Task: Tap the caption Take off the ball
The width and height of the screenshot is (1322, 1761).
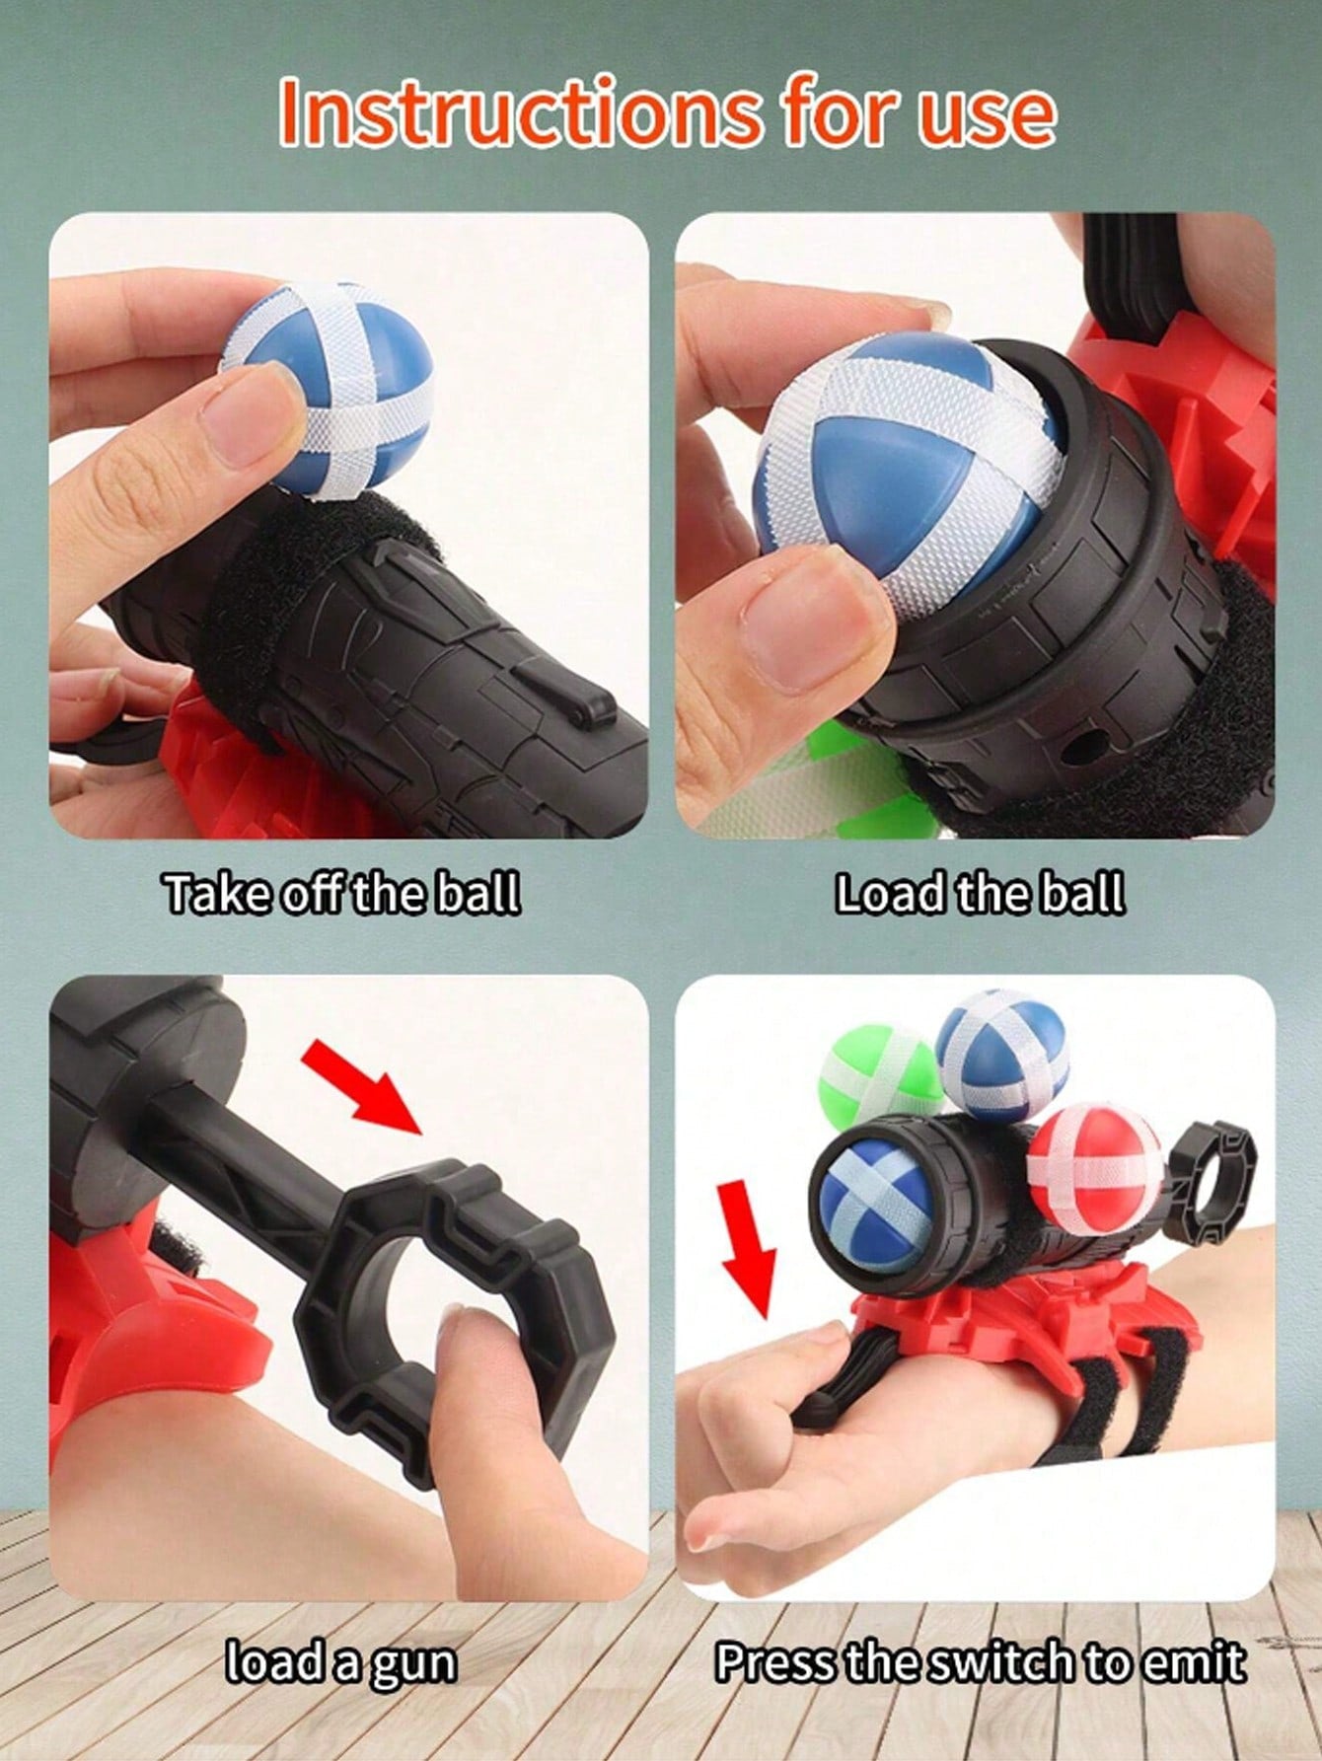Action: tap(341, 894)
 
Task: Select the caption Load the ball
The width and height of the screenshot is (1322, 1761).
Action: tap(980, 894)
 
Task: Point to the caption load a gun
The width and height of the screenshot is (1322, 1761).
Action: tap(341, 1663)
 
